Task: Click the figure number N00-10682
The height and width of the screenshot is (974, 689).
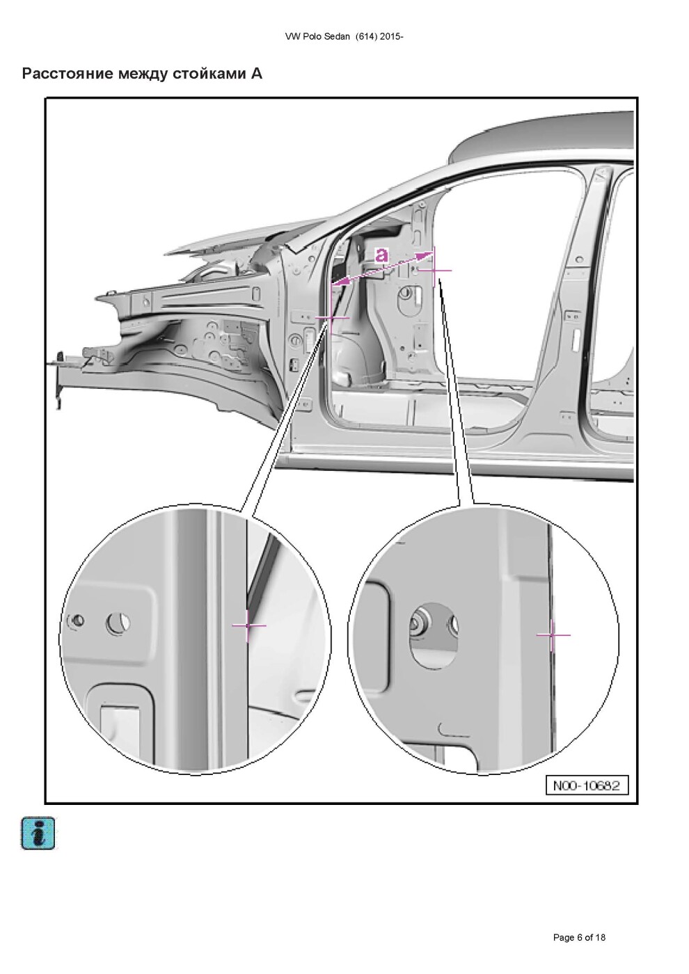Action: coord(587,785)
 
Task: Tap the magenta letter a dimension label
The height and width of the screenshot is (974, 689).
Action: coord(381,255)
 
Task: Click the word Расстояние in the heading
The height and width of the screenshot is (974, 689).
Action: coord(67,74)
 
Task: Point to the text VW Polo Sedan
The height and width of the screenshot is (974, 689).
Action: coord(317,37)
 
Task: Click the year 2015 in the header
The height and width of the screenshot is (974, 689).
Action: coord(391,37)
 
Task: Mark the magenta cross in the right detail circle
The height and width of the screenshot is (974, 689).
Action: coord(553,635)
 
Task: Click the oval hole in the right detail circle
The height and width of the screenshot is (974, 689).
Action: coord(433,634)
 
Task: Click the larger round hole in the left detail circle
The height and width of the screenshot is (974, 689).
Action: coord(118,623)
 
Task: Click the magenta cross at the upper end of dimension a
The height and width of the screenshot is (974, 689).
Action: coord(434,271)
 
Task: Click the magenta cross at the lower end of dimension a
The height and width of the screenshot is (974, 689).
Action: coord(331,318)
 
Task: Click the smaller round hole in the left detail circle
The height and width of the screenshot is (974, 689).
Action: coord(78,620)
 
